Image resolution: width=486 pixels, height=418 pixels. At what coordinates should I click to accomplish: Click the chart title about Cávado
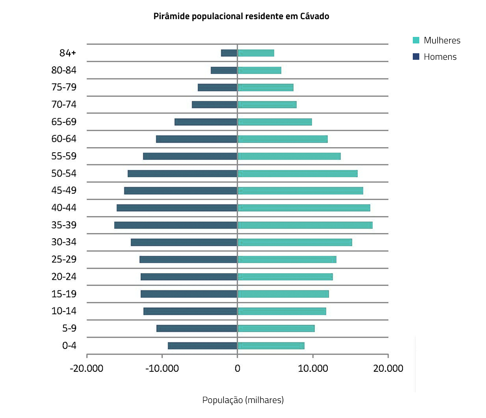pyautogui.click(x=241, y=16)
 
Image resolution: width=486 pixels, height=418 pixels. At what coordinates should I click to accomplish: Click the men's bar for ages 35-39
pyautogui.click(x=176, y=225)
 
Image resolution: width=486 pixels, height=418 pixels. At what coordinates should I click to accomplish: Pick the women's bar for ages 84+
pyautogui.click(x=256, y=53)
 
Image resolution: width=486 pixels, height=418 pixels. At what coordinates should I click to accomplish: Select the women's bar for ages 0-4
pyautogui.click(x=271, y=346)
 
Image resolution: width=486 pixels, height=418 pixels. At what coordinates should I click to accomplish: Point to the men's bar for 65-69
pyautogui.click(x=206, y=122)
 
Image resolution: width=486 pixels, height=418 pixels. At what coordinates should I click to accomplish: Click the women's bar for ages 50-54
pyautogui.click(x=297, y=174)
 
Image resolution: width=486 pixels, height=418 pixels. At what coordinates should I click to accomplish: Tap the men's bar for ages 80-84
pyautogui.click(x=224, y=70)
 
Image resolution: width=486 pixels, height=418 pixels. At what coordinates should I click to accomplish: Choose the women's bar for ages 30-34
pyautogui.click(x=294, y=242)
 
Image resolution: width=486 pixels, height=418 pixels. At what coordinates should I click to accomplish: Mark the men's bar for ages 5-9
pyautogui.click(x=197, y=328)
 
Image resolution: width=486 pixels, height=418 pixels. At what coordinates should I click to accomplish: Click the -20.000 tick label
pyautogui.click(x=87, y=368)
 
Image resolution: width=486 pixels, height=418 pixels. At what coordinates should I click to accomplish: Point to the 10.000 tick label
pyautogui.click(x=312, y=368)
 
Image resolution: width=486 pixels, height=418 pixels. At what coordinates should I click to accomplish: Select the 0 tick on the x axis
pyautogui.click(x=237, y=368)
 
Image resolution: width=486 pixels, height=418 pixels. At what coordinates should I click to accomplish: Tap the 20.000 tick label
pyautogui.click(x=388, y=368)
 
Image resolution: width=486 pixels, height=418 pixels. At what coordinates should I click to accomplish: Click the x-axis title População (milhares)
pyautogui.click(x=243, y=400)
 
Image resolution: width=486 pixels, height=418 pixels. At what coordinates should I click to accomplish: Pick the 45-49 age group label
pyautogui.click(x=64, y=191)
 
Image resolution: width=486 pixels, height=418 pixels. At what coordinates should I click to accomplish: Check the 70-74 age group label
pyautogui.click(x=64, y=105)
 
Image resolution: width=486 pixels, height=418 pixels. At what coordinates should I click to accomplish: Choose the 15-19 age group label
pyautogui.click(x=64, y=294)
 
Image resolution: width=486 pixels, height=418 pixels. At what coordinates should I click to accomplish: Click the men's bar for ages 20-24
pyautogui.click(x=189, y=277)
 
